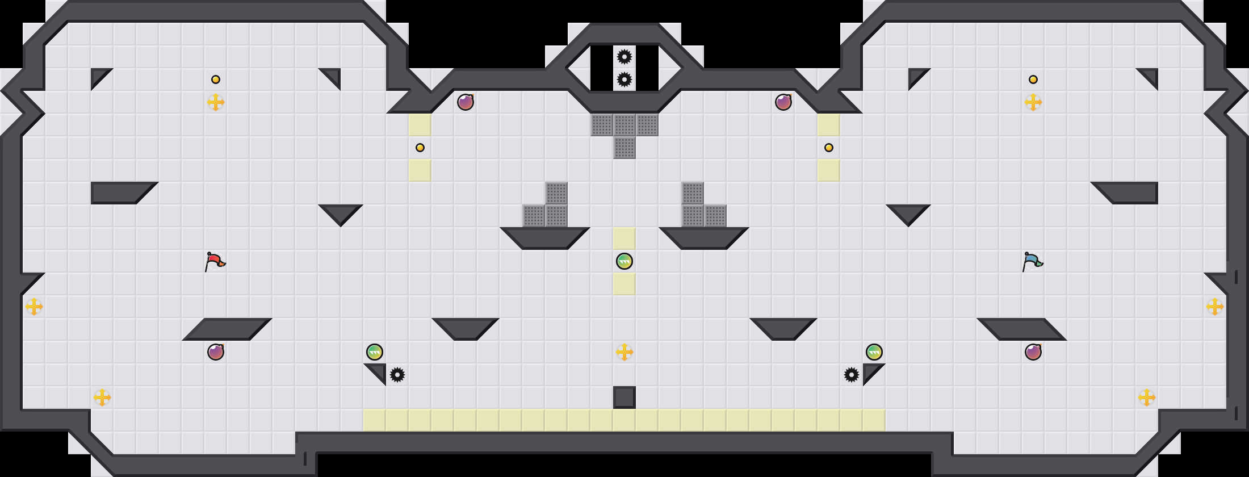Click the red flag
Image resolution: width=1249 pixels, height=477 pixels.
tap(215, 261)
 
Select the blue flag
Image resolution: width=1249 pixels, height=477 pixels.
tap(1032, 261)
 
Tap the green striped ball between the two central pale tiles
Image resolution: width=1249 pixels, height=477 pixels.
tap(624, 261)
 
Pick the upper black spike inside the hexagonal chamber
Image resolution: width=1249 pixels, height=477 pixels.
tap(624, 57)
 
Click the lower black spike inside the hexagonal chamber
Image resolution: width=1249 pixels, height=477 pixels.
tap(624, 79)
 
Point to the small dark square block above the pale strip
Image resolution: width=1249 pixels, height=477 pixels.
tap(624, 397)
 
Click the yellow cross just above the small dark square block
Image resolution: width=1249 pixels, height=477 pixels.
tap(624, 352)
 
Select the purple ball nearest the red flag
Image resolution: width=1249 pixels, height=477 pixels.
tap(216, 352)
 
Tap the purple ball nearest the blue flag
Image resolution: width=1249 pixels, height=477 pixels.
tap(1033, 352)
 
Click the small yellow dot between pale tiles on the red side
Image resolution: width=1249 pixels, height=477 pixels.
tap(420, 148)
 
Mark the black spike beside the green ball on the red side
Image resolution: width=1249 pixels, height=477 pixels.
tap(397, 375)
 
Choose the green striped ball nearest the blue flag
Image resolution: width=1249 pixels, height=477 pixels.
tap(874, 352)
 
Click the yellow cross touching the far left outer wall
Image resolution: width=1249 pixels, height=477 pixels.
tap(34, 307)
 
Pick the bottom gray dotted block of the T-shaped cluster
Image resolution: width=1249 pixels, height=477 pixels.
tap(624, 148)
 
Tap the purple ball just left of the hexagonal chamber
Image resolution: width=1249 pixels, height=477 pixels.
tap(466, 102)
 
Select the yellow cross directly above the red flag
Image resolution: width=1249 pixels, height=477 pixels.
tap(216, 102)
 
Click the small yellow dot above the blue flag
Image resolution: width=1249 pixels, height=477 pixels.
tap(1033, 79)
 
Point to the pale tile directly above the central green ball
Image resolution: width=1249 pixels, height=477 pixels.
tap(624, 238)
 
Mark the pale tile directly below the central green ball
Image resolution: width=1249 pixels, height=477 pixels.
tap(624, 284)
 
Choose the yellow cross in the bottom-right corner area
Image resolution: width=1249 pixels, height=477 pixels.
tap(1147, 397)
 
